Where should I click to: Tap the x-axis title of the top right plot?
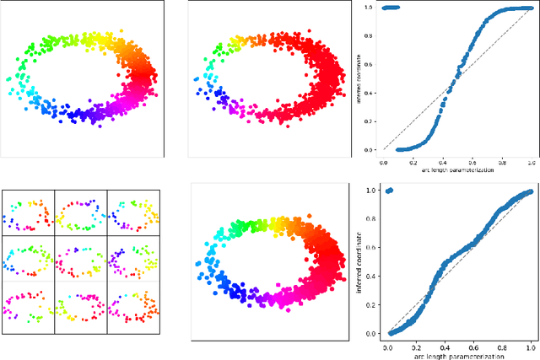[457, 171]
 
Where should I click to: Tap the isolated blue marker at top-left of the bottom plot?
[389, 191]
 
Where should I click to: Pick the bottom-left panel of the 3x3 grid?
[27, 305]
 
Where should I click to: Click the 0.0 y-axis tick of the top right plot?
[369, 150]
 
